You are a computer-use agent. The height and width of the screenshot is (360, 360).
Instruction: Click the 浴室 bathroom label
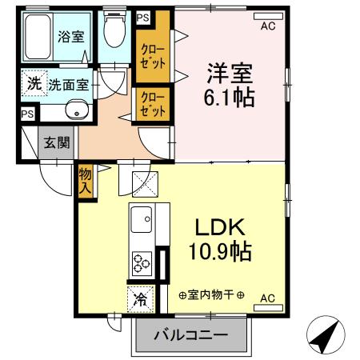(71, 36)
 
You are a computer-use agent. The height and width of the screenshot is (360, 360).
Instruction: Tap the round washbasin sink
(78, 111)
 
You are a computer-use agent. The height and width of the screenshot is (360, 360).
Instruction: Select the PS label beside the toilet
(143, 18)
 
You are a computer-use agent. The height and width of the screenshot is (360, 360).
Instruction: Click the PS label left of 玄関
(28, 114)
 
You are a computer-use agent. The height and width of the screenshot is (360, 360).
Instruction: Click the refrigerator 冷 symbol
(140, 300)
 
